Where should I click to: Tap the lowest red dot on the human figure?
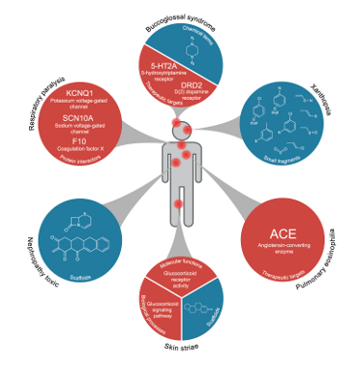coord(178,203)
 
